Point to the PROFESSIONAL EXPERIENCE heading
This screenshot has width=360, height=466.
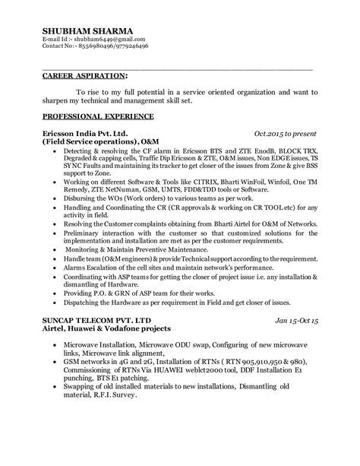pos(98,116)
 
